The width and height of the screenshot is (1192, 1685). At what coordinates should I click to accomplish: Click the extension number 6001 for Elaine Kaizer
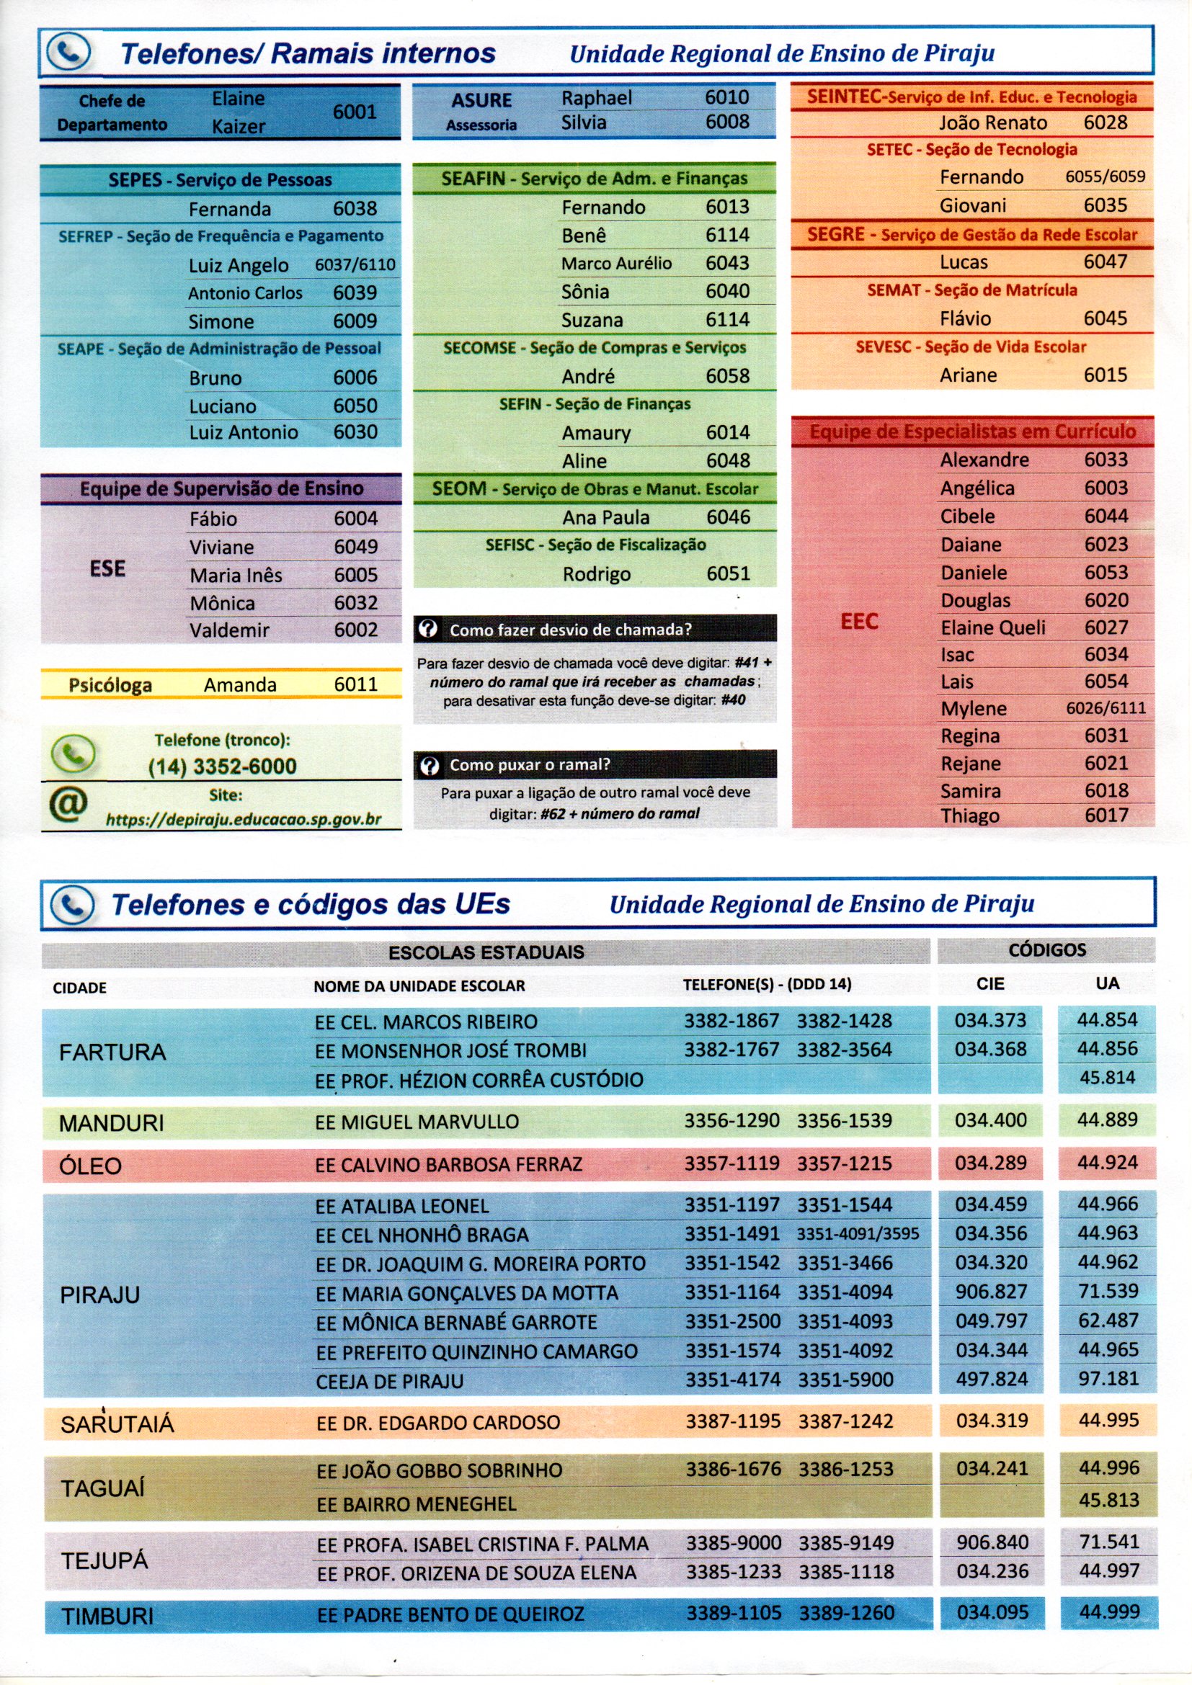tap(355, 112)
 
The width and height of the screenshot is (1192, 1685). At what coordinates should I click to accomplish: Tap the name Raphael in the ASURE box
tap(596, 97)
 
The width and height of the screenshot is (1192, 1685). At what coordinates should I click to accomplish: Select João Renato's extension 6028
tap(1105, 122)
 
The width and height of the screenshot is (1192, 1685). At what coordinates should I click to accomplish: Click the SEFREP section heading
tap(221, 236)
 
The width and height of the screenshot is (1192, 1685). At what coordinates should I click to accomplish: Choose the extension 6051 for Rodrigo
tap(728, 573)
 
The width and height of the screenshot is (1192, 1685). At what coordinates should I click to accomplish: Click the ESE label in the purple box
tap(107, 569)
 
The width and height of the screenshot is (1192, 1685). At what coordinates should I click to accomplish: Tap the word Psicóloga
tap(110, 684)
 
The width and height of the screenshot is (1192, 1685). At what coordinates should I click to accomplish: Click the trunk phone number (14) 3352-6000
tap(223, 766)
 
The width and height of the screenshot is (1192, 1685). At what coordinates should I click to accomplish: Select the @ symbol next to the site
tap(68, 804)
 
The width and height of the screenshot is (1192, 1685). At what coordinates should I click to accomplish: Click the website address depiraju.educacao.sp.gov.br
tap(244, 819)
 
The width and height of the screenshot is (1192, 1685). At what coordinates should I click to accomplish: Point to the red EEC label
tap(859, 622)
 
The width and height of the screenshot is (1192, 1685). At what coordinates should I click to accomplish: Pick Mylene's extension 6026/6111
tap(1105, 708)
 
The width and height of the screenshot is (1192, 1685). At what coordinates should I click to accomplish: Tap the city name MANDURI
tap(112, 1124)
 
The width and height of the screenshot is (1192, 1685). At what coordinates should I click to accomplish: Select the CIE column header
tap(990, 983)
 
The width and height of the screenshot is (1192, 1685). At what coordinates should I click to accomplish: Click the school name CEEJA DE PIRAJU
tap(390, 1381)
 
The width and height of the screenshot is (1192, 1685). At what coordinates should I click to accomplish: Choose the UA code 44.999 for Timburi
tap(1108, 1612)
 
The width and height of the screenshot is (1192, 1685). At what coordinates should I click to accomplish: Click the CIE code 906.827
tap(991, 1291)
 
